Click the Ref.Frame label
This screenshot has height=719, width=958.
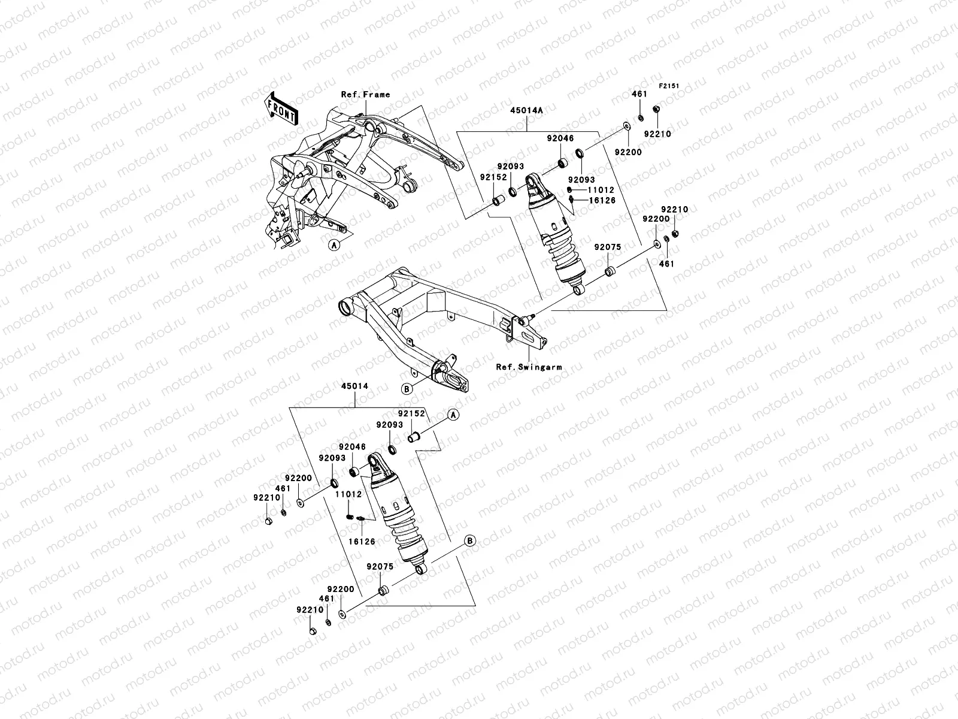(x=365, y=94)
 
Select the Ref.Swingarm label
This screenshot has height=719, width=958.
(x=529, y=367)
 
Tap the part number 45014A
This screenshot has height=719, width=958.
(x=527, y=111)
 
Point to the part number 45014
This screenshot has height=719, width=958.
(x=355, y=386)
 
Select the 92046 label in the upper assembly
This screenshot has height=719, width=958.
(x=560, y=138)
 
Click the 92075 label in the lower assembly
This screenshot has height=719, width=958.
(x=379, y=566)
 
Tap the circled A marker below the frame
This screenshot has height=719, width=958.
(x=333, y=244)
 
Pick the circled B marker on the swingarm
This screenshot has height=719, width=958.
(x=407, y=389)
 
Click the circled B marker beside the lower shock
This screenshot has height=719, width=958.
(x=470, y=540)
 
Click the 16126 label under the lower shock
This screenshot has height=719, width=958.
(x=362, y=541)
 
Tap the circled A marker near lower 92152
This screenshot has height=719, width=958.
(x=453, y=415)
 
